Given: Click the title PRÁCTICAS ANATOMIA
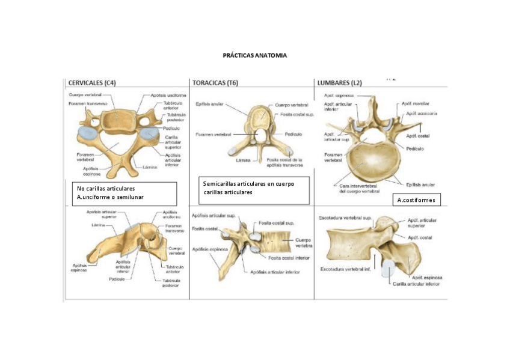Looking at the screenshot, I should [255, 55].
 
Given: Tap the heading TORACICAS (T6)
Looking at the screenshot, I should [215, 83].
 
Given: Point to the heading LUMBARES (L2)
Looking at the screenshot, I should [339, 83].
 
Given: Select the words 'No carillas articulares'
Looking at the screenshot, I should [106, 189].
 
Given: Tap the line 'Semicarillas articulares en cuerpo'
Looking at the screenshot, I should [248, 184].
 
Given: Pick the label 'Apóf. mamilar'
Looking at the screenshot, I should [418, 104].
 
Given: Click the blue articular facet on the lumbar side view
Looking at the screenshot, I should [388, 271].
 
